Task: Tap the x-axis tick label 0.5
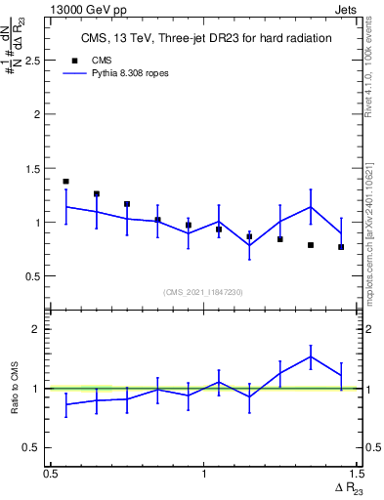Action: click(x=51, y=474)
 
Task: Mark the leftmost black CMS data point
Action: click(x=65, y=182)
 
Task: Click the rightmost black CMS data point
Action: click(x=341, y=247)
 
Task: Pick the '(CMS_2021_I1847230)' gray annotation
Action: click(x=203, y=291)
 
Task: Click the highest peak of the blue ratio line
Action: click(x=311, y=356)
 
